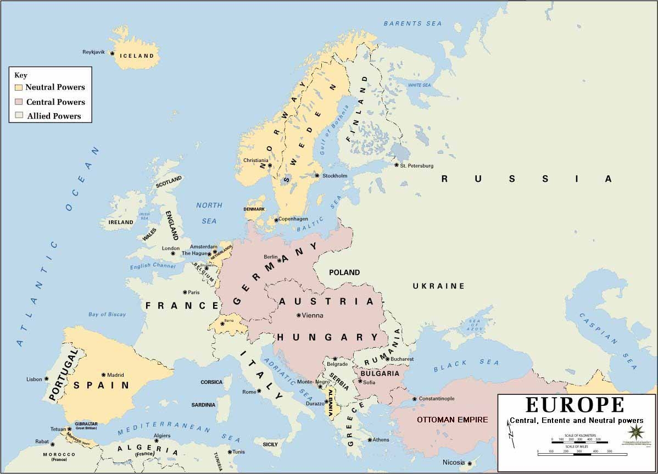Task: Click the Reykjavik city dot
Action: [112, 53]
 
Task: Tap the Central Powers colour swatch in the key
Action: [19, 102]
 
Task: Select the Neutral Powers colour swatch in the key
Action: [19, 87]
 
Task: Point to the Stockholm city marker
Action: [317, 176]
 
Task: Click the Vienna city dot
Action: [298, 315]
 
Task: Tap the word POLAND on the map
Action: [344, 272]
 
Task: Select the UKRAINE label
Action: [438, 286]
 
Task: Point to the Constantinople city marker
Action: [414, 399]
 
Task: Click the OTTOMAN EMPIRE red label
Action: [452, 420]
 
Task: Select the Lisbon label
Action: [34, 380]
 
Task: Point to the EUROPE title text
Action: [575, 405]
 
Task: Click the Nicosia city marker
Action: [470, 462]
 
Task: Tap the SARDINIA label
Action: [203, 405]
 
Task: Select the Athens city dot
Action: [370, 440]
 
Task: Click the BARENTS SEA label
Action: [404, 24]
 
